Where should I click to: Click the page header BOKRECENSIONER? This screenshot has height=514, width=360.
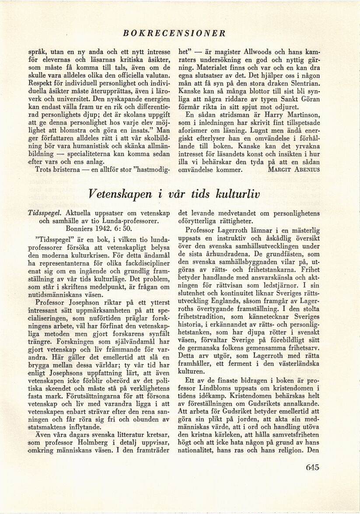coord(174,33)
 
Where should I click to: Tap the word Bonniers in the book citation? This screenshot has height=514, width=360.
coord(74,229)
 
